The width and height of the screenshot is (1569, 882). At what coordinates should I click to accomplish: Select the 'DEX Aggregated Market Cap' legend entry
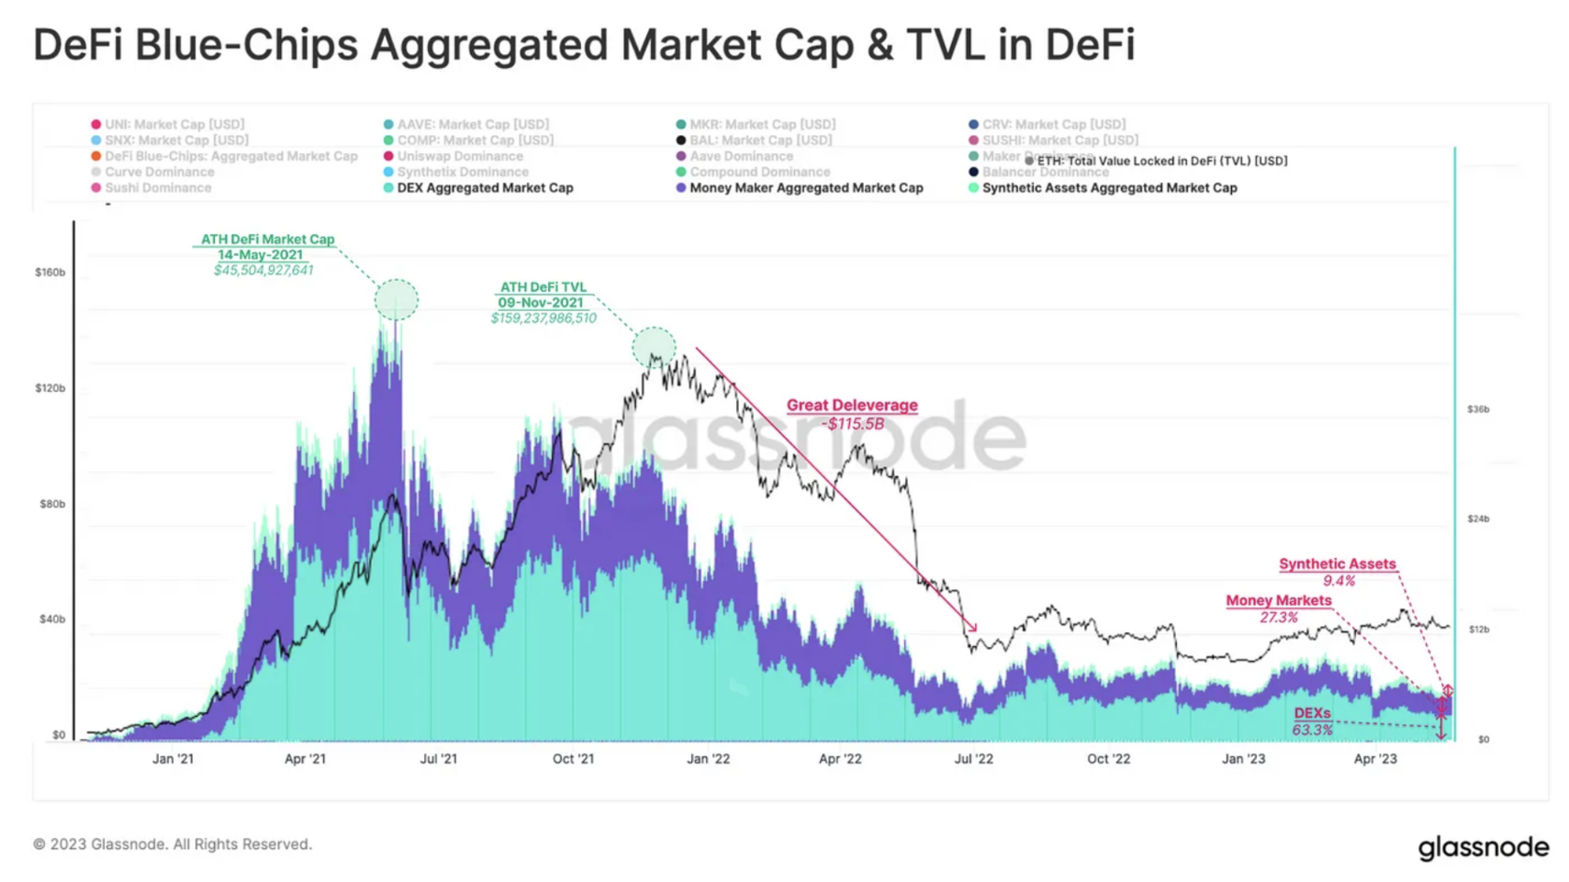[485, 188]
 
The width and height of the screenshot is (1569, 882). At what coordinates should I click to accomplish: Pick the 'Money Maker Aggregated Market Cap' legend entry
[805, 188]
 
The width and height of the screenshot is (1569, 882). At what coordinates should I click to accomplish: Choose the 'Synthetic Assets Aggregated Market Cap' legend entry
[1109, 188]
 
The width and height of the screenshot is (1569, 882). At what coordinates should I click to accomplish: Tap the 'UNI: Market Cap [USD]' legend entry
[174, 124]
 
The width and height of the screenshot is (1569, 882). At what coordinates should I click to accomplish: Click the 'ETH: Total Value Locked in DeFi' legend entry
[1161, 161]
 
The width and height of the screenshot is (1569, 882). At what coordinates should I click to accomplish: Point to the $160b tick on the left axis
[50, 273]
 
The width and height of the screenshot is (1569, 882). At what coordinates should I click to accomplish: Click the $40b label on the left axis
[52, 620]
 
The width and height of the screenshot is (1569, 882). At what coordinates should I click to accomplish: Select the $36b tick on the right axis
[1477, 410]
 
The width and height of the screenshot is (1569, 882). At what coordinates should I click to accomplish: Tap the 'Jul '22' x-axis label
[973, 759]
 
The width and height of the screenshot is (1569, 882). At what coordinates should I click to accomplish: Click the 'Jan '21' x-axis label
[173, 759]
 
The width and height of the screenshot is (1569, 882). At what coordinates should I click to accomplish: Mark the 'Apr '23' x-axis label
[1375, 759]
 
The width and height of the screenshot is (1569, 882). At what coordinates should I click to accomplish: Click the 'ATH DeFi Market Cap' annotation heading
[267, 239]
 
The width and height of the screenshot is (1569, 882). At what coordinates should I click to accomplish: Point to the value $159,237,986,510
[544, 318]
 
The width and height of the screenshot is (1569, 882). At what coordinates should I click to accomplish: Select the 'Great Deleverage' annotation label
[852, 405]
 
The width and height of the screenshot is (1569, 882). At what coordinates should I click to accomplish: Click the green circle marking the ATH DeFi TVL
[654, 347]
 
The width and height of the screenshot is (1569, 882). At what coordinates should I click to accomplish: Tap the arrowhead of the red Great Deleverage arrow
[974, 629]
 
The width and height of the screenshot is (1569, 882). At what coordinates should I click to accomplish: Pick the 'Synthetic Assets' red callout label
[1337, 564]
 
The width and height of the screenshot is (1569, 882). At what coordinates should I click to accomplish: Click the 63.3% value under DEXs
[1312, 730]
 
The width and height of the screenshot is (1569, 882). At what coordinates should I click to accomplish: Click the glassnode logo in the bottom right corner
[1483, 847]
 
